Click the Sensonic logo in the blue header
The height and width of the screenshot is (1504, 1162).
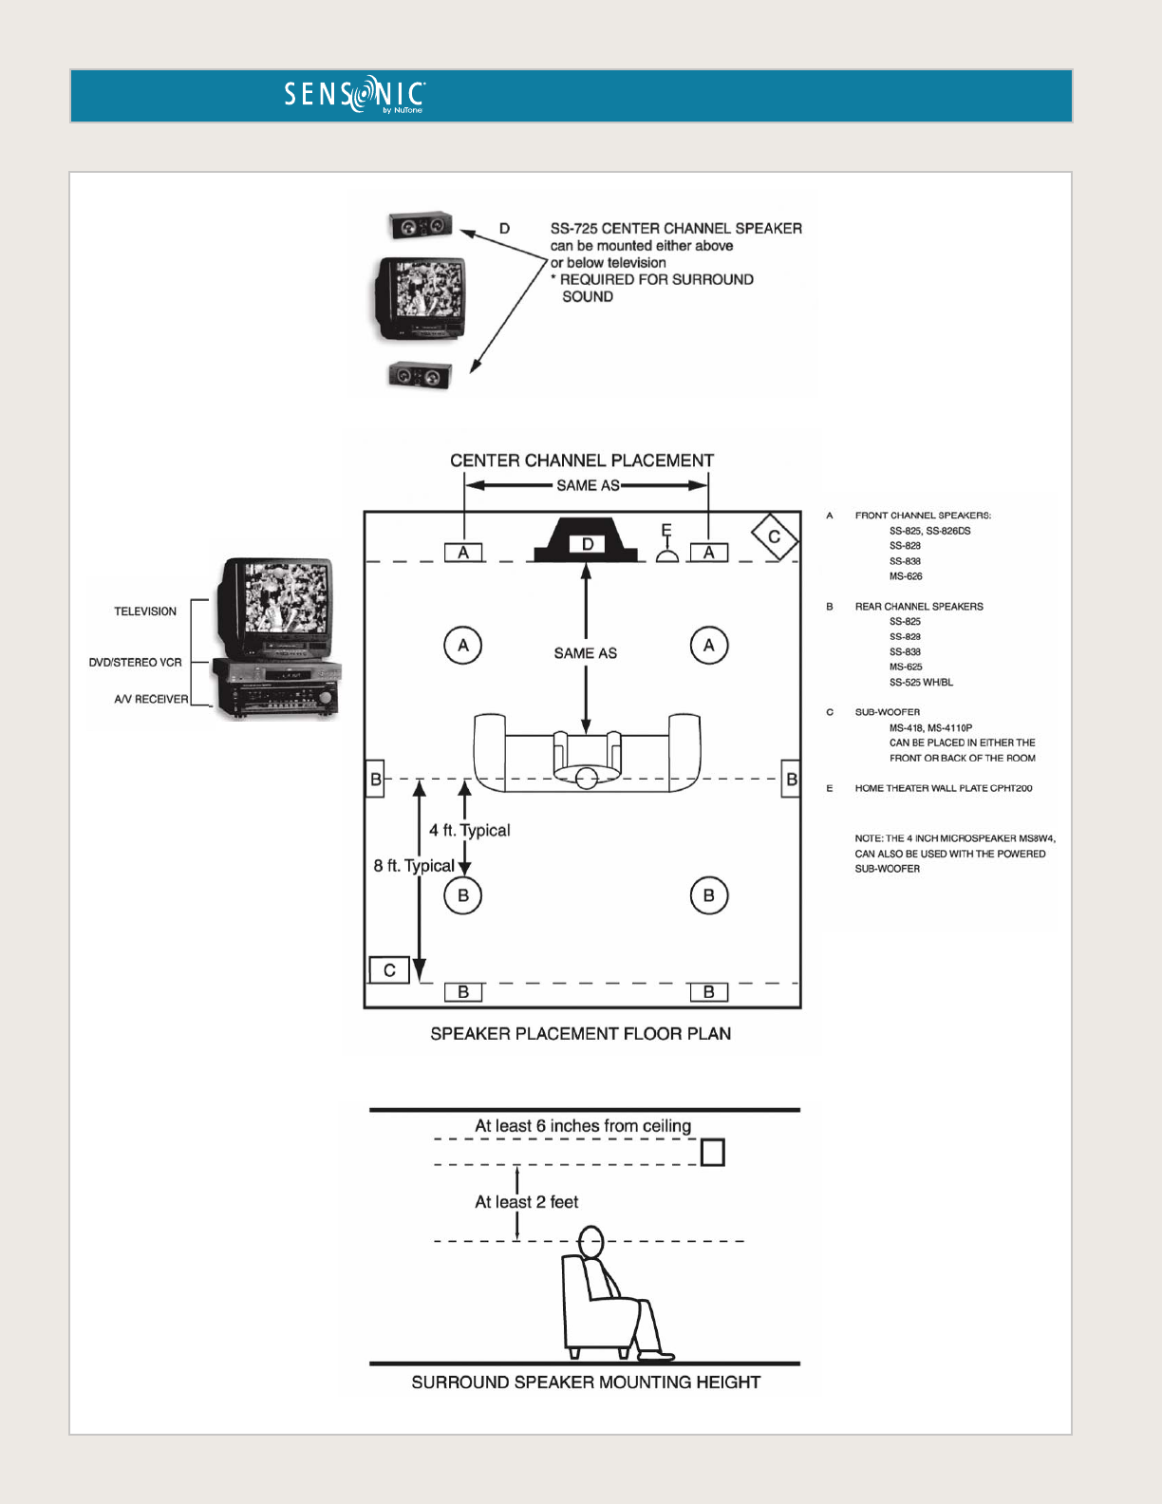click(x=354, y=95)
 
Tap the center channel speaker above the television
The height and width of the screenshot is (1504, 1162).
click(x=420, y=226)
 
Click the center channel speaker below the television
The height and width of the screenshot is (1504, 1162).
click(x=420, y=376)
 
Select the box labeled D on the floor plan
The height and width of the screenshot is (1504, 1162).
click(x=587, y=544)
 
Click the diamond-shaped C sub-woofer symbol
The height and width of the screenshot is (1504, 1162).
click(x=774, y=537)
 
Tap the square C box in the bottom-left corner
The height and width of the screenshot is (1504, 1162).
click(x=389, y=970)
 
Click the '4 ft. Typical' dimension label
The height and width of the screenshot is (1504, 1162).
click(x=470, y=830)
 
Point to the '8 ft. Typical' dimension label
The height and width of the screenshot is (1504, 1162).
click(x=414, y=866)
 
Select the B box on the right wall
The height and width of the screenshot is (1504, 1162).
click(x=791, y=780)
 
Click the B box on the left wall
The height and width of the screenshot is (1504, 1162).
click(x=375, y=780)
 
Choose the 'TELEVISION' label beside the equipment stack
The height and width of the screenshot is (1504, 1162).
click(x=145, y=611)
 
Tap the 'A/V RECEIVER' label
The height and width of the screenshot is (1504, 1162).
click(x=151, y=700)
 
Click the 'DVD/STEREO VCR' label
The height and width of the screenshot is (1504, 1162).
click(x=135, y=663)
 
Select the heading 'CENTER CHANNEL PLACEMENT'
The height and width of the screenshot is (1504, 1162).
click(x=582, y=461)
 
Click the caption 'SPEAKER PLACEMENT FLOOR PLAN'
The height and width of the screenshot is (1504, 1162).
click(x=580, y=1034)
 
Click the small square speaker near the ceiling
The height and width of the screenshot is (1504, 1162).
click(x=712, y=1153)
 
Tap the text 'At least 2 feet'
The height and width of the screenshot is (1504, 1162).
click(x=527, y=1202)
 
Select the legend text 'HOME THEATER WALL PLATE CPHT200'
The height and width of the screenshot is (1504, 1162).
click(x=943, y=788)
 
